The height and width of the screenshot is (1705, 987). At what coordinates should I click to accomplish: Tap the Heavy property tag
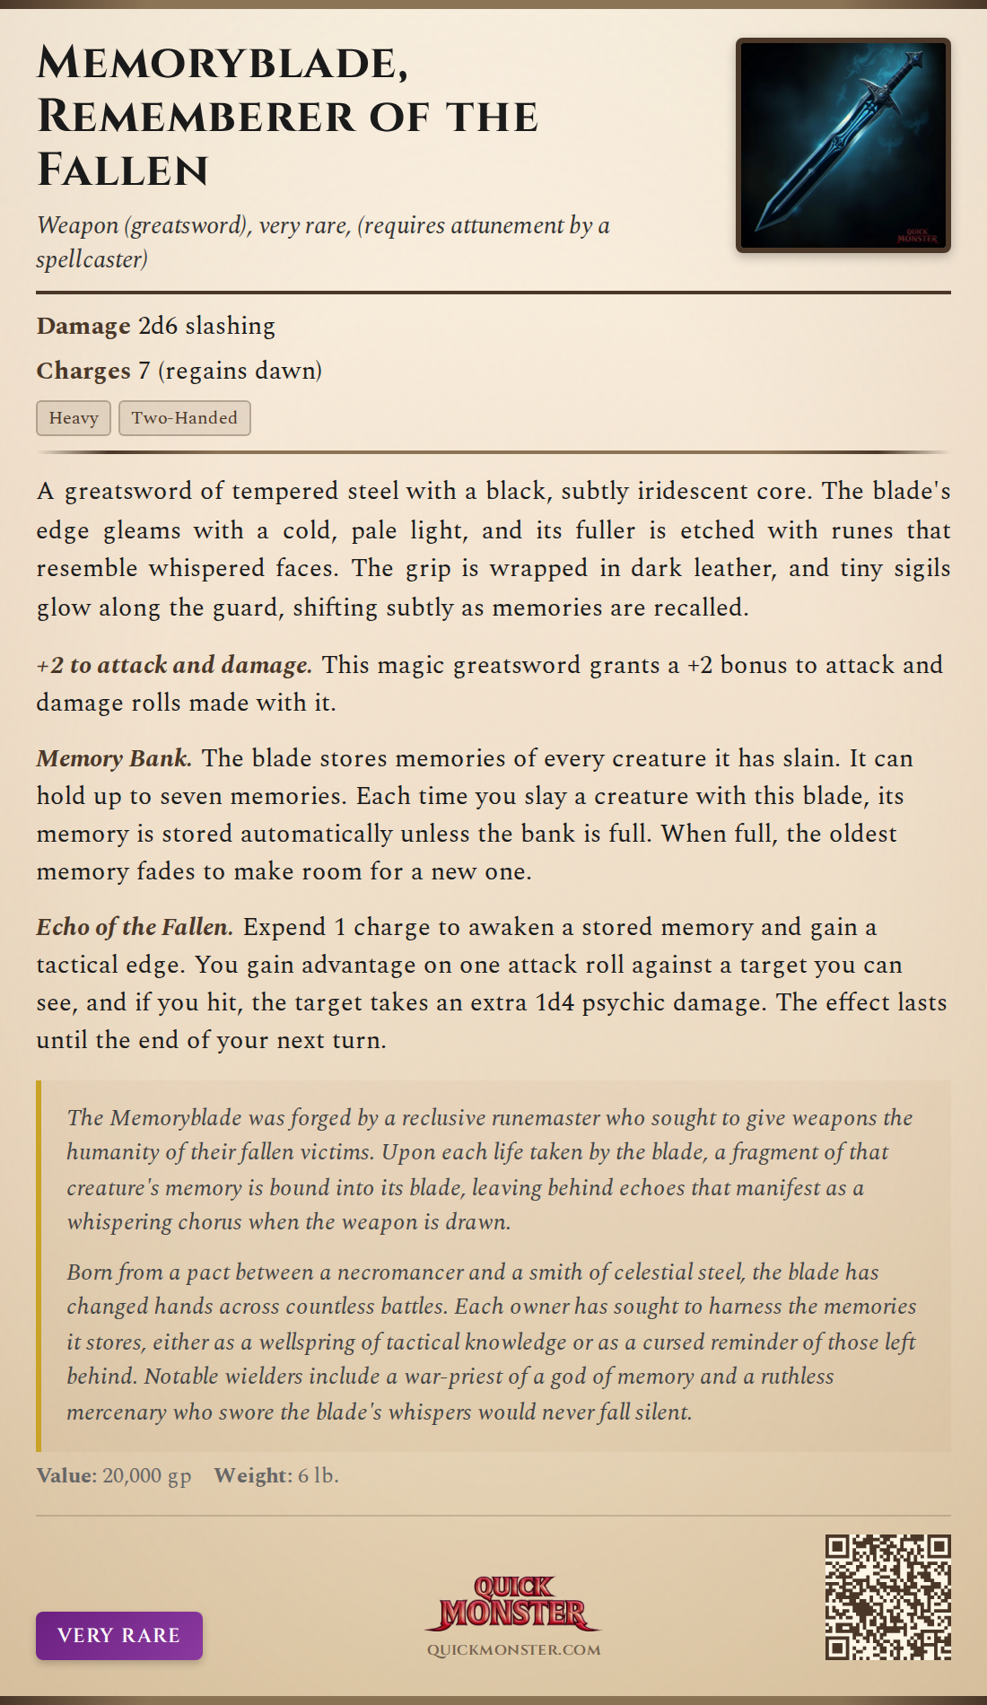coord(74,418)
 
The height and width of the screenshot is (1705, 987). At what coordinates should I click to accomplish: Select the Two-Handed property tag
coord(184,418)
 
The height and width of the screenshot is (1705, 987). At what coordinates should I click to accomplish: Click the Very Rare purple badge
coord(119,1635)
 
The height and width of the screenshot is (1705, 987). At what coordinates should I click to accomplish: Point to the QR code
coord(887,1596)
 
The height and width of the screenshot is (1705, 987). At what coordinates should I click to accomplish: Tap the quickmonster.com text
coord(513,1650)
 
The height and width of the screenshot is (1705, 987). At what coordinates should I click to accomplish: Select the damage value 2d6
coord(158,326)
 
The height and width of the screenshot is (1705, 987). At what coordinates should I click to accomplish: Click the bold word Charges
coord(83,371)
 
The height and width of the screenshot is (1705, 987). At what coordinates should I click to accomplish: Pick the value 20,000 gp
coord(147,1476)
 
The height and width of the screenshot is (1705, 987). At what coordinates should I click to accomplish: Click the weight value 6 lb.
coord(319,1476)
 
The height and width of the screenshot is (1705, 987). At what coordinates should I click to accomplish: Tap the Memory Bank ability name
coord(114,759)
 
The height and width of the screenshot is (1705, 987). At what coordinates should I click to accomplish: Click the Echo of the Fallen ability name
coord(135,928)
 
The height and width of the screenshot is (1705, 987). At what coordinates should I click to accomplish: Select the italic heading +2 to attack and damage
coord(174,666)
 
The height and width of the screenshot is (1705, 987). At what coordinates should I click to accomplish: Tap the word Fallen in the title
coord(123,170)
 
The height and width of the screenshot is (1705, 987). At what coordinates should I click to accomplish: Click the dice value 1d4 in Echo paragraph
coord(555,1002)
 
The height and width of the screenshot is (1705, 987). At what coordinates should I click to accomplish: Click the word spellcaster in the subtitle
coord(92,260)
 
